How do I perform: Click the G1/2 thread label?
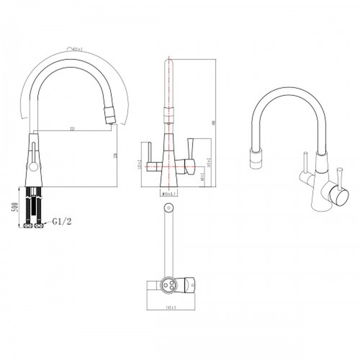62,221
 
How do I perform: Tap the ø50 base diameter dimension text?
169,194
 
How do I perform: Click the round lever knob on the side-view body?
33,166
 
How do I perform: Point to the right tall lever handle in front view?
190,146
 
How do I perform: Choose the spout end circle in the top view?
168,208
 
